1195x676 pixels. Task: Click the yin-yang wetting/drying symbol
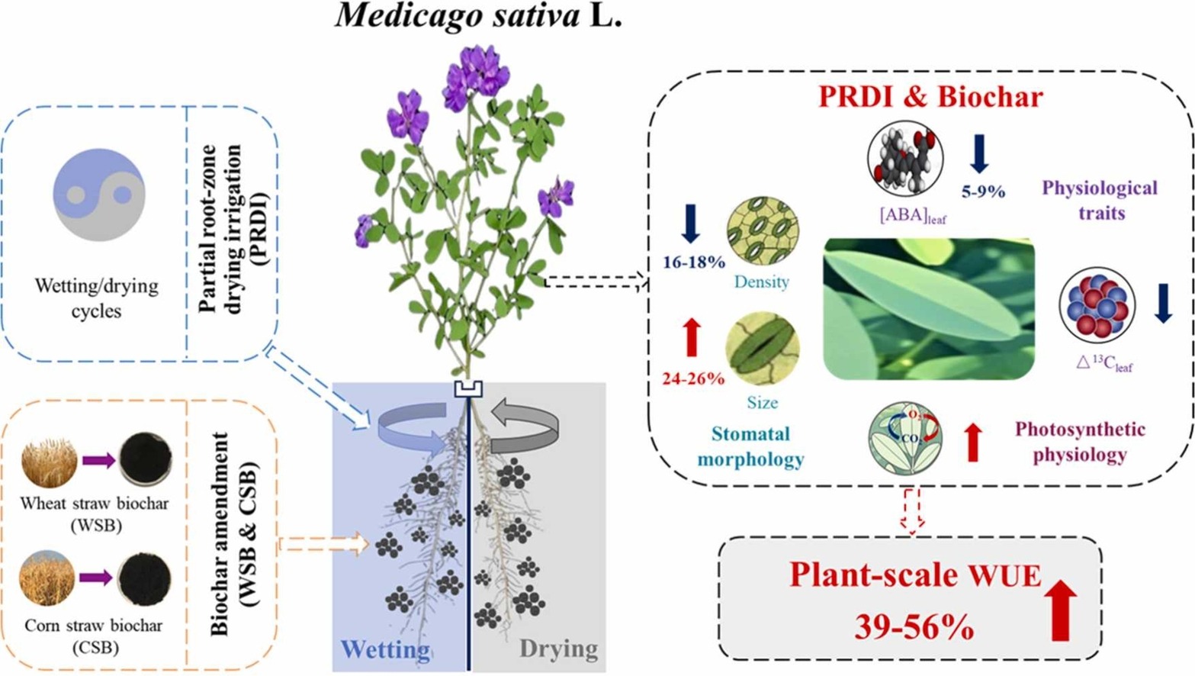pyautogui.click(x=98, y=195)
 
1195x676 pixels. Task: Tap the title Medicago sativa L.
pyautogui.click(x=478, y=15)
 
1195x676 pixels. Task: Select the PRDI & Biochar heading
pyautogui.click(x=930, y=97)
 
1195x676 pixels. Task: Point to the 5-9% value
pyautogui.click(x=983, y=192)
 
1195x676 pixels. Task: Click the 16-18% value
pyautogui.click(x=693, y=262)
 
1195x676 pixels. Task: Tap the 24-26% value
pyautogui.click(x=692, y=378)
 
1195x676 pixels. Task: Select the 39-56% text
pyautogui.click(x=914, y=627)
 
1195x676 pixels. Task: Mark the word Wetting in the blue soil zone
pyautogui.click(x=384, y=649)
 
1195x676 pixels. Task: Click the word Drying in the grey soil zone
pyautogui.click(x=558, y=649)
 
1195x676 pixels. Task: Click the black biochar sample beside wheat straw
pyautogui.click(x=145, y=459)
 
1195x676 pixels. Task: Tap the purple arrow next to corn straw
pyautogui.click(x=96, y=578)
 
